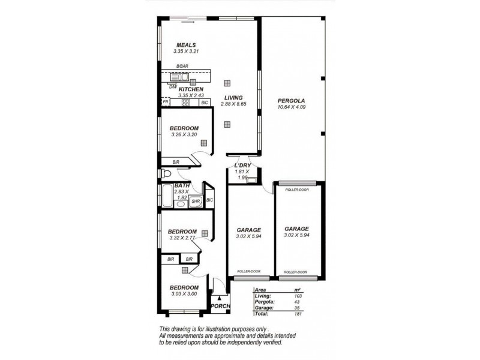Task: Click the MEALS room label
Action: tap(186, 45)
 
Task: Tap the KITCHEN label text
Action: tap(182, 89)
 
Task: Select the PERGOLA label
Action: tap(292, 100)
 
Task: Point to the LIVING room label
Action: tap(233, 98)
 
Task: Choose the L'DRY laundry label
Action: tap(242, 165)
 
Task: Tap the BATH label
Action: tap(182, 185)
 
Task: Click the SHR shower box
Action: tap(196, 202)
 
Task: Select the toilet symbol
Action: tap(166, 174)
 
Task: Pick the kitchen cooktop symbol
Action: tap(186, 103)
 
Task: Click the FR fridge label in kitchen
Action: tap(165, 103)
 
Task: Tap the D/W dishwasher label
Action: tap(172, 87)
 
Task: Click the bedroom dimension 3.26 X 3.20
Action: tap(184, 135)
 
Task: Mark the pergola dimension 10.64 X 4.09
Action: tap(292, 107)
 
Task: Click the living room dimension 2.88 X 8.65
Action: tap(233, 104)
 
